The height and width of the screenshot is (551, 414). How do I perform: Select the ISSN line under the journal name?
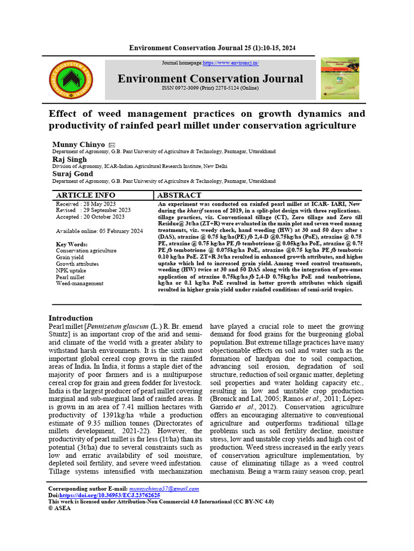[210, 88]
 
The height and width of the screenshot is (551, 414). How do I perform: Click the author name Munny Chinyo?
[78, 145]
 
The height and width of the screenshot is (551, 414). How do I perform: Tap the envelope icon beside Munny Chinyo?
[112, 145]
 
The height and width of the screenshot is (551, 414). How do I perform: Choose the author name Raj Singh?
[69, 159]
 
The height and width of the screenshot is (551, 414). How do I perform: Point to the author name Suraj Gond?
[72, 174]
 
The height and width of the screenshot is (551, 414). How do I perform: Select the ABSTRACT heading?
[180, 195]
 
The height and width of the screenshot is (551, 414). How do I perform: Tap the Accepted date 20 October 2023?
[90, 217]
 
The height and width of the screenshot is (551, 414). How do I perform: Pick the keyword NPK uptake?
[71, 271]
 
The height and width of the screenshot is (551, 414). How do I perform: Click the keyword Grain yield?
[70, 257]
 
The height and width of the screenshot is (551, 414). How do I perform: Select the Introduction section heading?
[71, 318]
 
